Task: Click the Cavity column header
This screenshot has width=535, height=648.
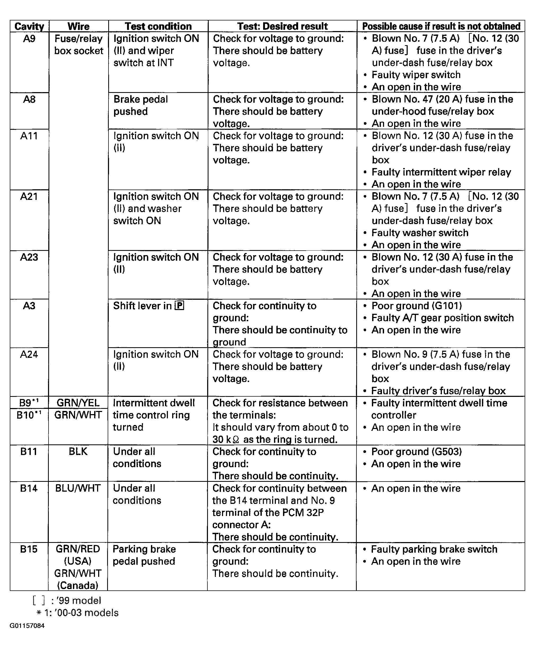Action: click(x=29, y=26)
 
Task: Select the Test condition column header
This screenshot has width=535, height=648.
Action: click(x=158, y=26)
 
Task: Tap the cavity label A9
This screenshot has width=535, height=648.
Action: click(x=29, y=38)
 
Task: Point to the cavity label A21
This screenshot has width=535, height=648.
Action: click(x=29, y=196)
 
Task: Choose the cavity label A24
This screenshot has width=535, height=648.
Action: click(x=29, y=354)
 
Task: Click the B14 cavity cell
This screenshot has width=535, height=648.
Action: click(x=29, y=488)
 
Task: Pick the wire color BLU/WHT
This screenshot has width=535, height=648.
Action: click(x=78, y=488)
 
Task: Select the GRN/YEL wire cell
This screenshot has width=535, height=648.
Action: click(x=78, y=403)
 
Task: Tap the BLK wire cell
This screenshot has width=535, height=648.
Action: click(x=78, y=452)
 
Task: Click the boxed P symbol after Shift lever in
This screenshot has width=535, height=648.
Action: click(x=179, y=306)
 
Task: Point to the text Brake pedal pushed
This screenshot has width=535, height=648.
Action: click(x=141, y=105)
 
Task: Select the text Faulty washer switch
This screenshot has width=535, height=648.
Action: click(x=420, y=233)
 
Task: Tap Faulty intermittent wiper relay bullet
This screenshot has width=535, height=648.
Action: click(x=441, y=172)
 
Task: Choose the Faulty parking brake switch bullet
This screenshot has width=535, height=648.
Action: click(x=434, y=549)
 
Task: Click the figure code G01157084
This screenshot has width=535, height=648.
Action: click(x=27, y=626)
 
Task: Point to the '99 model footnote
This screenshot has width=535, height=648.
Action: click(x=67, y=600)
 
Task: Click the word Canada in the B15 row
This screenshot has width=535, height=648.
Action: click(x=78, y=585)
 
